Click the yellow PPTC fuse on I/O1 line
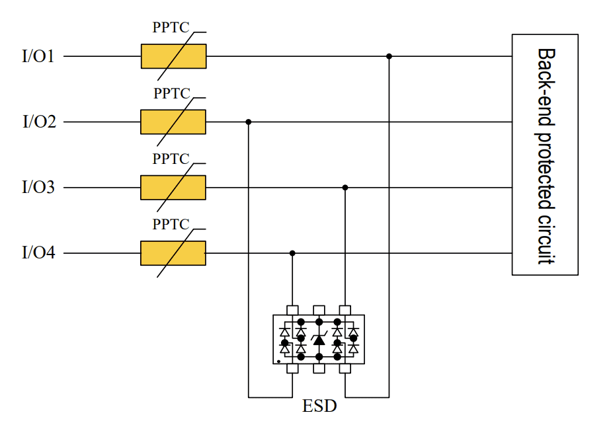173,56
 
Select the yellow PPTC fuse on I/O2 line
173,122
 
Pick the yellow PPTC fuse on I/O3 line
173,187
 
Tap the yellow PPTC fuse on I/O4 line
173,253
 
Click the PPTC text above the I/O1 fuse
171,28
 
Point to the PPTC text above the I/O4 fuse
171,225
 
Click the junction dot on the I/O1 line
389,57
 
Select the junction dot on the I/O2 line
249,122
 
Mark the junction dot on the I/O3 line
345,188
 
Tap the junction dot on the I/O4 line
292,253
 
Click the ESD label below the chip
319,406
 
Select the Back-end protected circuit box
545,154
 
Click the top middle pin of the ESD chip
319,309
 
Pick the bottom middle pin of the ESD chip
319,368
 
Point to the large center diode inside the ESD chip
319,340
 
